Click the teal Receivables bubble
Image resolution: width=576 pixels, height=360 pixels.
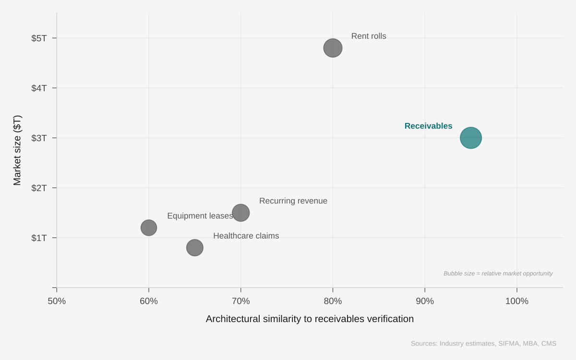470,138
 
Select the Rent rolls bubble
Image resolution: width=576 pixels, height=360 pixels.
333,48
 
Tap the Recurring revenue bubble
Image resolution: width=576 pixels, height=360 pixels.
240,213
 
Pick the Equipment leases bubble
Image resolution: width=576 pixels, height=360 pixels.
149,228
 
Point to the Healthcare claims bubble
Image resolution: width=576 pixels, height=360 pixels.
194,248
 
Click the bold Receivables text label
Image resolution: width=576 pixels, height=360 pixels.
428,126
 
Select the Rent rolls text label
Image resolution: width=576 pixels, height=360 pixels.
369,36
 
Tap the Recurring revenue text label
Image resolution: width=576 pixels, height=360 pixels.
293,201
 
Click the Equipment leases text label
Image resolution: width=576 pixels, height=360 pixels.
200,216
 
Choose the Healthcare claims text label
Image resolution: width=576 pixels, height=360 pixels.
246,236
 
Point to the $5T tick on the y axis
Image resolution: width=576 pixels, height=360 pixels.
39,38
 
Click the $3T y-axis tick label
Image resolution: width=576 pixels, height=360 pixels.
39,138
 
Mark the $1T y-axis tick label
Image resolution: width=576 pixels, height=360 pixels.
39,238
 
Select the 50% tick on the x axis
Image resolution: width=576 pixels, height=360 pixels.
57,301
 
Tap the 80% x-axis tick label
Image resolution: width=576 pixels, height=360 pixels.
333,301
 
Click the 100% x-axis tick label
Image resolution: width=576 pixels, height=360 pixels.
516,301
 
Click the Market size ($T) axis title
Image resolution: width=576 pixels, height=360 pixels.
17,150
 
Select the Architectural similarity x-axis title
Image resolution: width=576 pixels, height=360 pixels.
310,319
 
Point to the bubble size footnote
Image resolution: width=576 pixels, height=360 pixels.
498,273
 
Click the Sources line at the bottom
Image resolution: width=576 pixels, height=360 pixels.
483,343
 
